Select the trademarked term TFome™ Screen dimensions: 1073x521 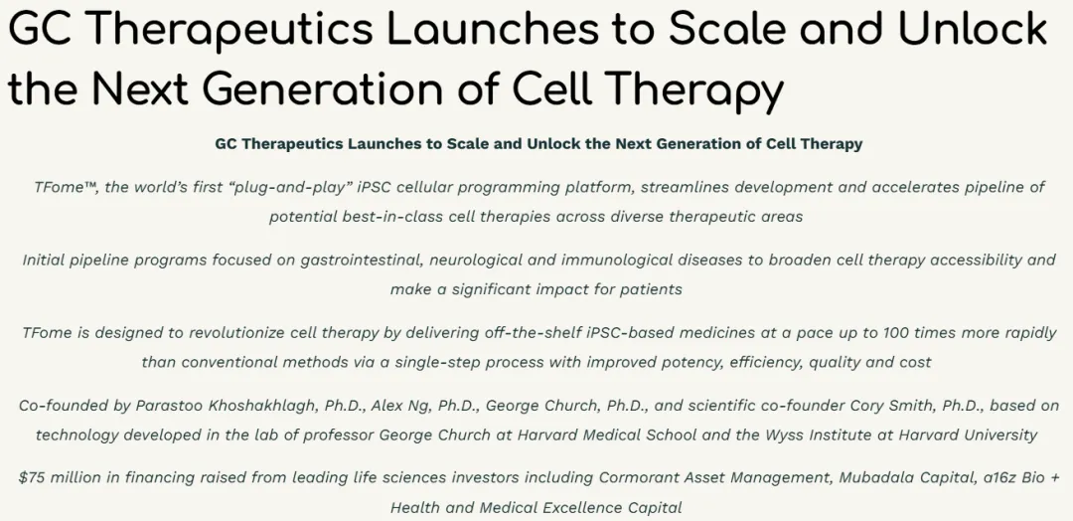65,187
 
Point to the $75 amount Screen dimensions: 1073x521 32,477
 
